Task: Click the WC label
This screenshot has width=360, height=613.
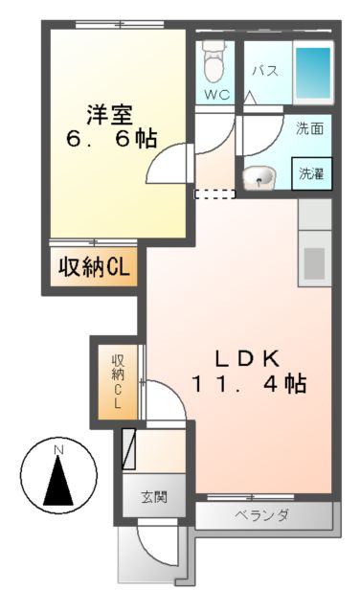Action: point(215,96)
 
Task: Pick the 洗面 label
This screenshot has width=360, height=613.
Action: point(308,125)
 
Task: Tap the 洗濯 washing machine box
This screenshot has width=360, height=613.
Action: point(311,174)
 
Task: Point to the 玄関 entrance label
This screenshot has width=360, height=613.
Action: point(154,498)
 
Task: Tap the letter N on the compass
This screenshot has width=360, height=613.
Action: point(58,450)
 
